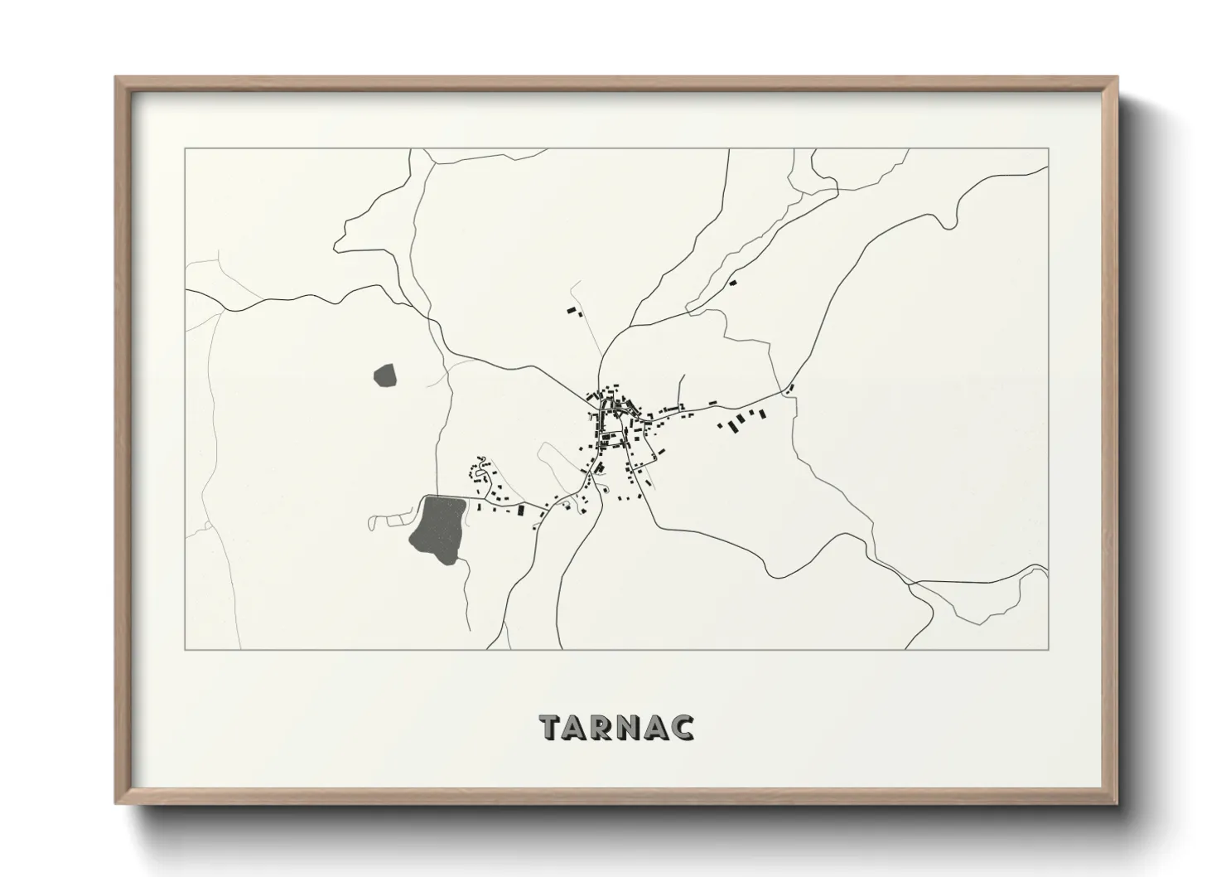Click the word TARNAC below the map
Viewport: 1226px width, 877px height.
tap(616, 726)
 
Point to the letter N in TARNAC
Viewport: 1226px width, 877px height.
tap(630, 727)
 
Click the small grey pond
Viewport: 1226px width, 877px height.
tap(386, 376)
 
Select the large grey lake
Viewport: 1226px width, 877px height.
tap(437, 528)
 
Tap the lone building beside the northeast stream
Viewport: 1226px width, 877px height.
tap(732, 283)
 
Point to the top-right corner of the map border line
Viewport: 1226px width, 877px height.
tap(1048, 149)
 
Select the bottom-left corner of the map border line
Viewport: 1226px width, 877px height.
tap(186, 649)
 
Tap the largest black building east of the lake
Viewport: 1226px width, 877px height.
tap(521, 511)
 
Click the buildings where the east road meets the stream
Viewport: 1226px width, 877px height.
tap(789, 388)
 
